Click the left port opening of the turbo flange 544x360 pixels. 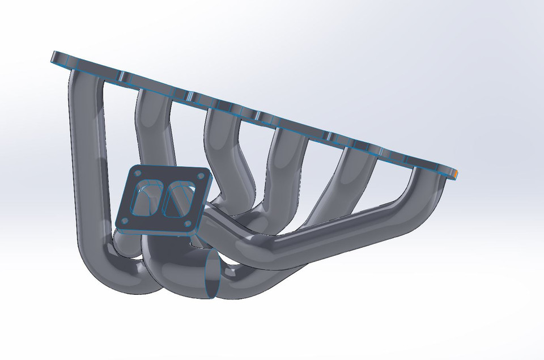coord(146,198)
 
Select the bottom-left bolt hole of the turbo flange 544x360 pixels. coord(124,221)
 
